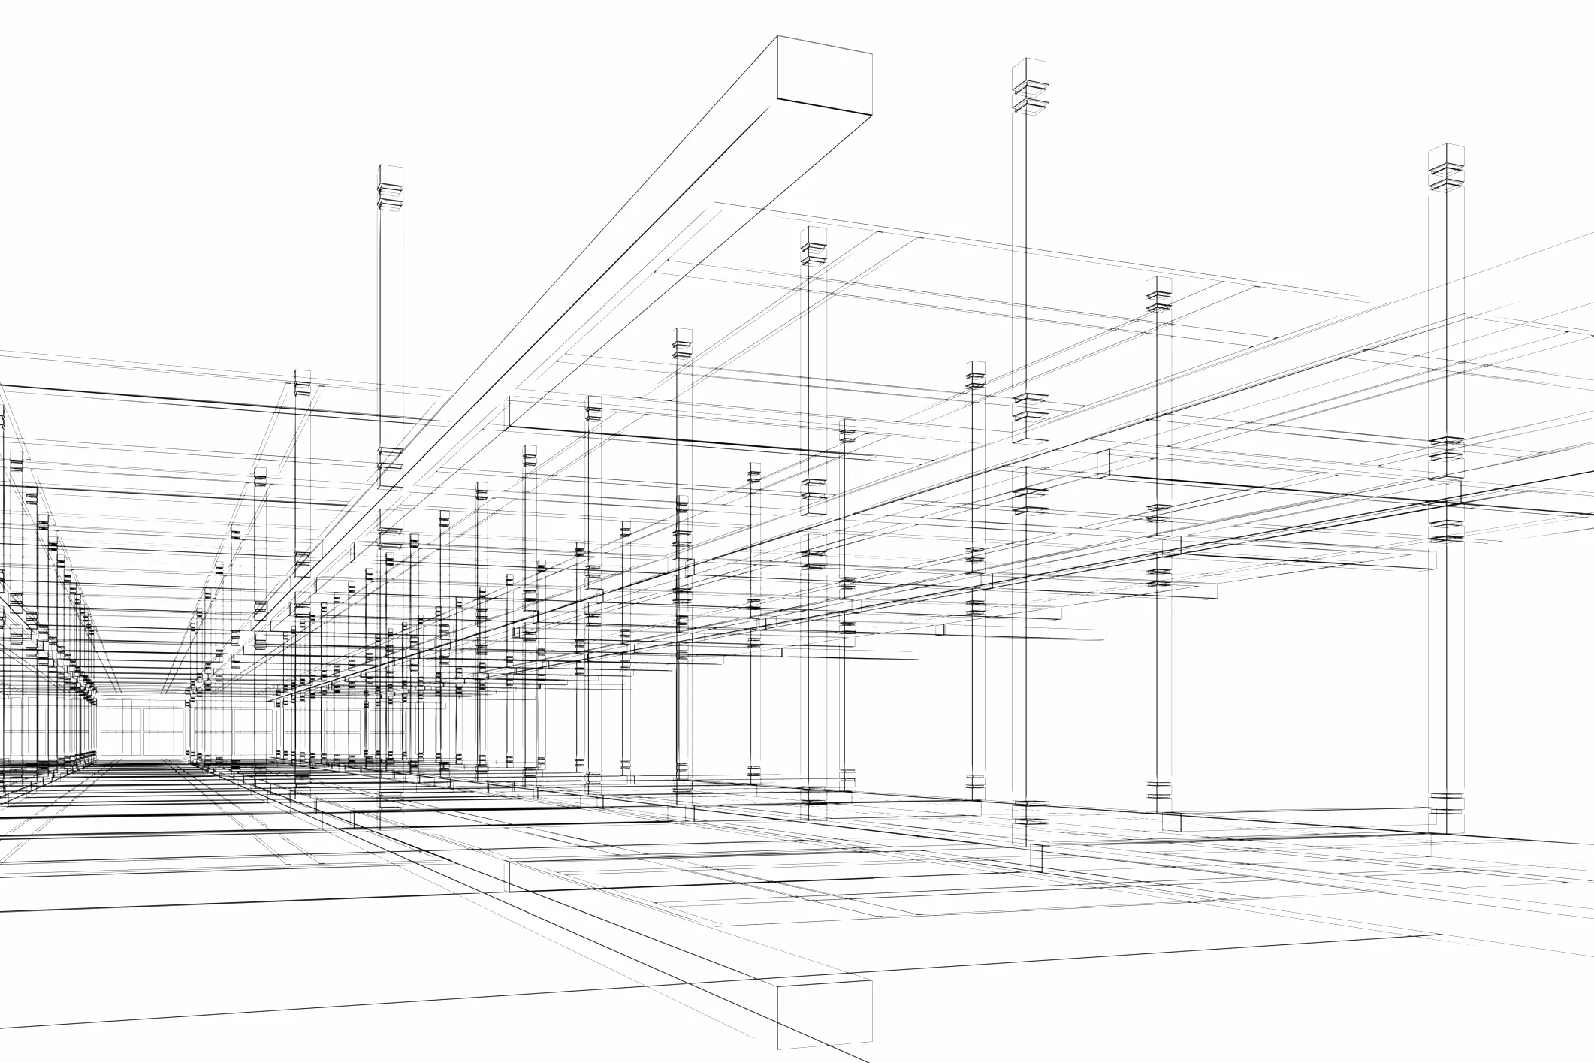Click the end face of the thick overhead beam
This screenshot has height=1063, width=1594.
click(824, 77)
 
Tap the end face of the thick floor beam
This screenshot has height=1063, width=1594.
click(824, 1014)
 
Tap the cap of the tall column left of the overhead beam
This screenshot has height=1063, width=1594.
click(391, 185)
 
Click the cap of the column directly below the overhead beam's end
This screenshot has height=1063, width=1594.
click(813, 245)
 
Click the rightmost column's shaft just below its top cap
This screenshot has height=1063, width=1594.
click(1446, 218)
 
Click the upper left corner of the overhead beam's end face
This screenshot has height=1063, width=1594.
click(777, 36)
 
